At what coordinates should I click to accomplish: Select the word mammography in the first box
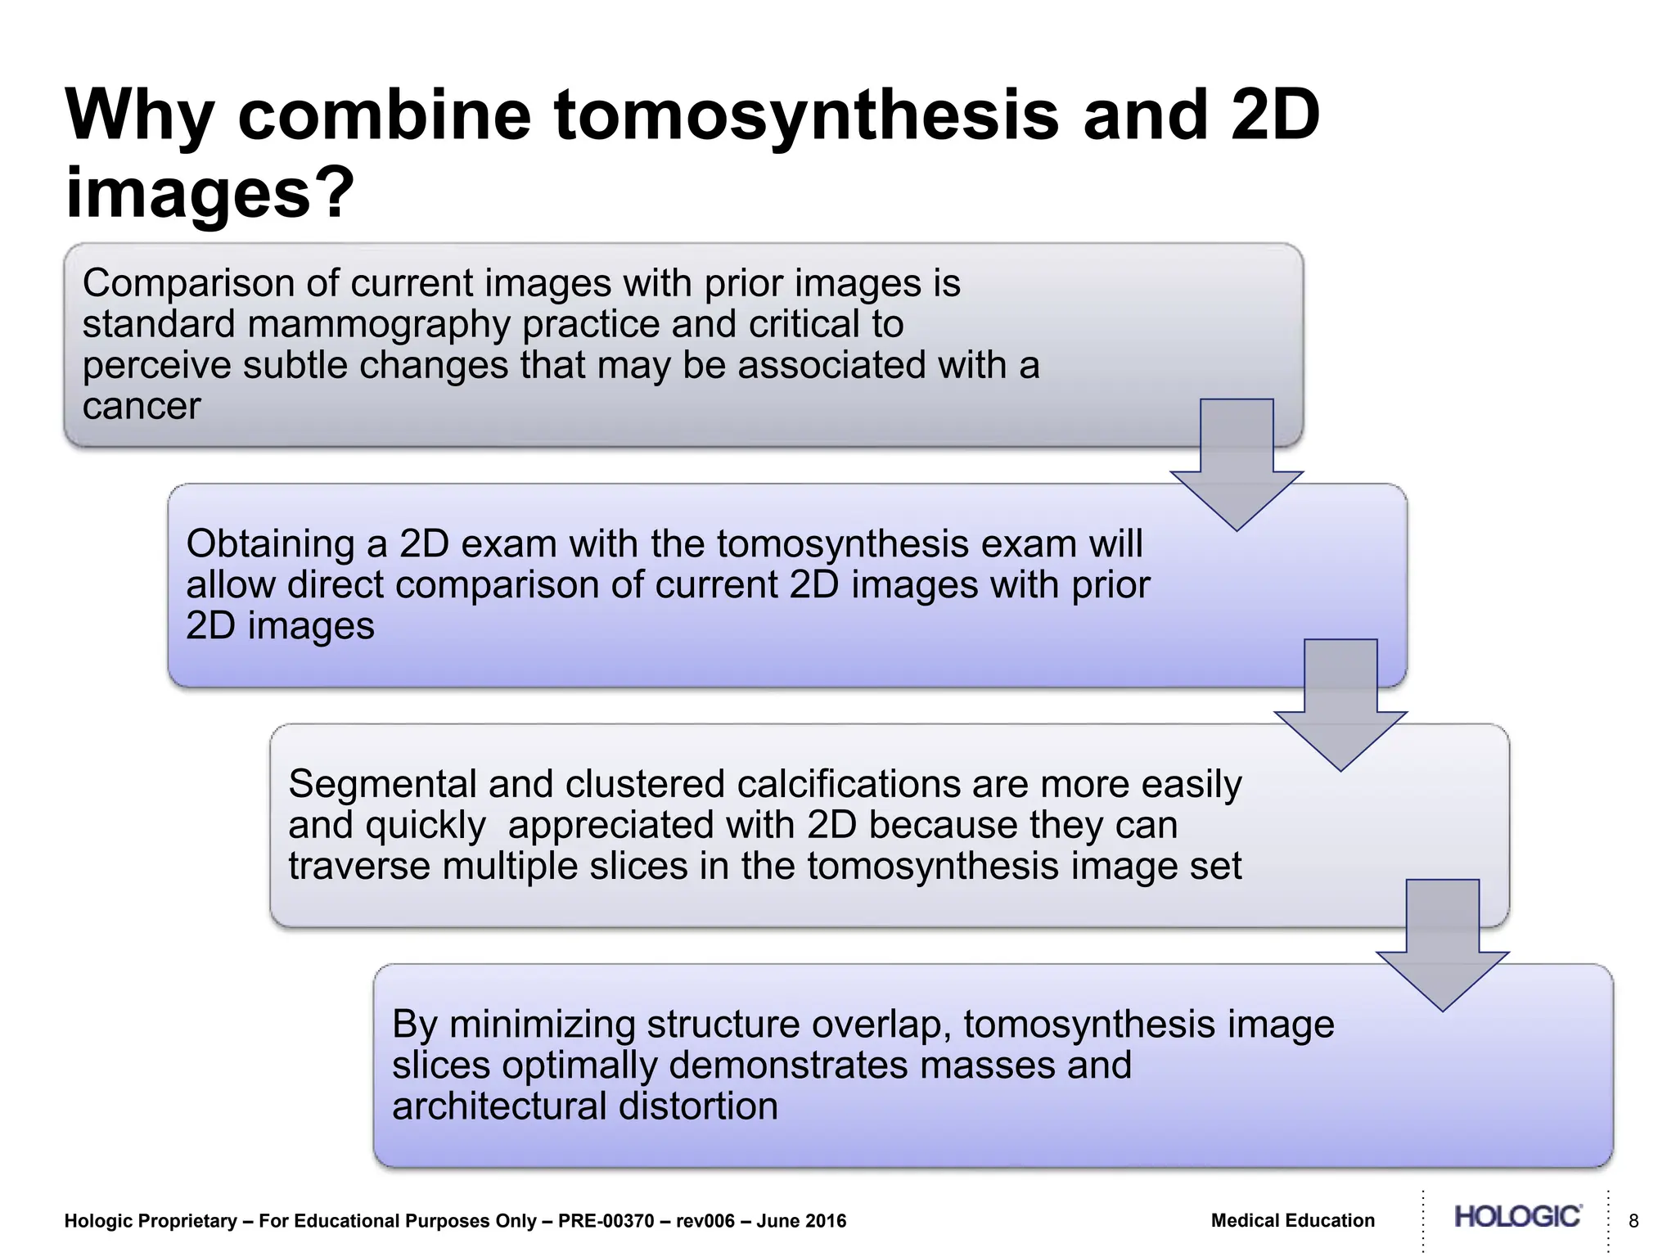(x=377, y=325)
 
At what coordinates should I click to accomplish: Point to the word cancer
(x=142, y=407)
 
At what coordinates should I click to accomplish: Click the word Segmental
(x=381, y=785)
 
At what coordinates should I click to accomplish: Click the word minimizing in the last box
(x=543, y=1025)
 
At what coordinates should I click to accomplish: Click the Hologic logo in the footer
(x=1517, y=1217)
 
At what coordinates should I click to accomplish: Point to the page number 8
(x=1633, y=1222)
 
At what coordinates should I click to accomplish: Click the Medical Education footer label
(x=1293, y=1221)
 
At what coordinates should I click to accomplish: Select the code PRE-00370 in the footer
(x=606, y=1222)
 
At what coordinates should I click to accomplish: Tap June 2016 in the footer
(x=801, y=1222)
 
